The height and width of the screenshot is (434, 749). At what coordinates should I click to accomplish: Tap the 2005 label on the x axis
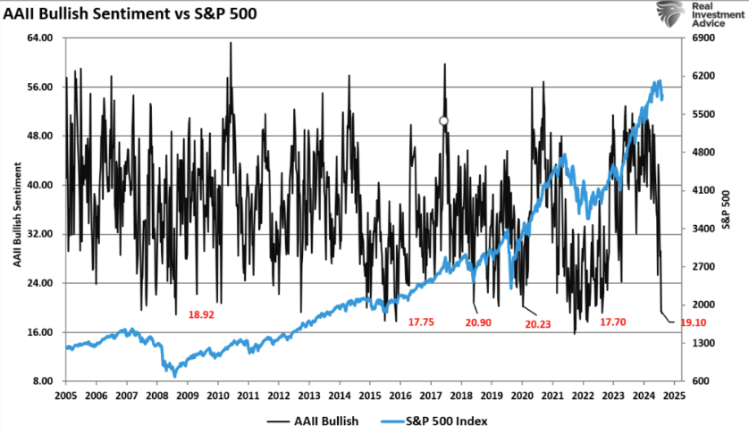point(66,395)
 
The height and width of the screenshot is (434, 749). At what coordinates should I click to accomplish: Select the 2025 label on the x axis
point(676,395)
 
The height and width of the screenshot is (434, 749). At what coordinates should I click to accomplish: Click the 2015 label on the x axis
point(370,395)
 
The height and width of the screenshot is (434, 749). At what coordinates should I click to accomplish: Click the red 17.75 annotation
point(422,321)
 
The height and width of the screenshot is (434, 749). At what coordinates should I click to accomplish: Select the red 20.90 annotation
point(479,321)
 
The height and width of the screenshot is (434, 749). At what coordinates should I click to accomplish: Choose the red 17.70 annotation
point(613,321)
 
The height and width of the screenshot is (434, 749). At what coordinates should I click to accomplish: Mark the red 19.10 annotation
point(693,321)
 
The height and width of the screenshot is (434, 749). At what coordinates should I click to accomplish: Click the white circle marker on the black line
point(443,121)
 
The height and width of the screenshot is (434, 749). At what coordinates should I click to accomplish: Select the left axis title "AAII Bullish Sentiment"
point(17,210)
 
